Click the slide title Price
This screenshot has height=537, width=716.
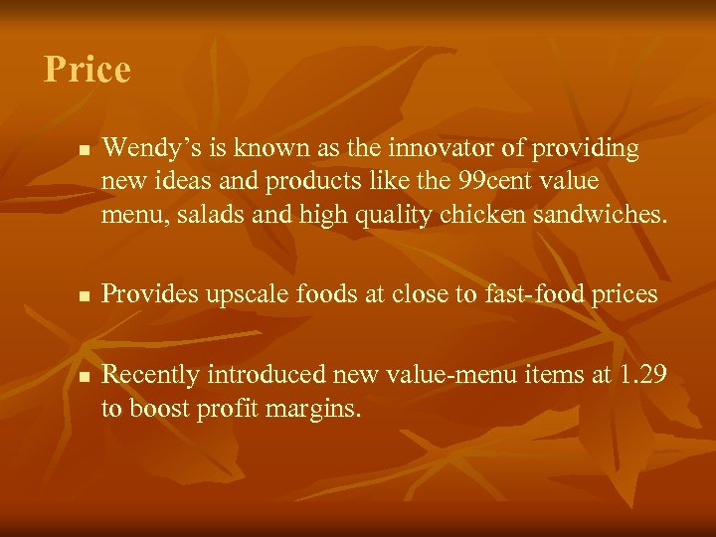pyautogui.click(x=88, y=70)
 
